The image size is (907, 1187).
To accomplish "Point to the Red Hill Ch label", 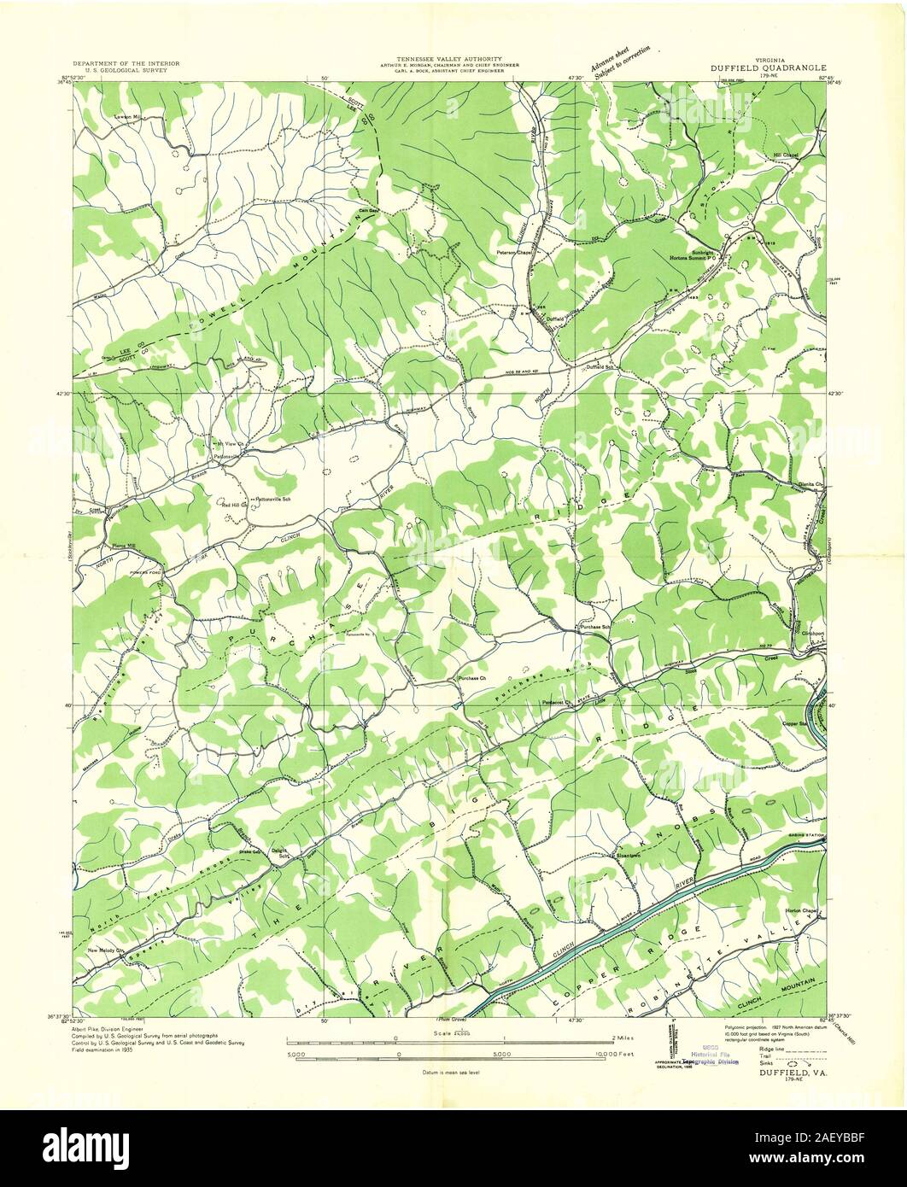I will click(234, 506).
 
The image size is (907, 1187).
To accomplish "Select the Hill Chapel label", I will click(786, 155).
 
